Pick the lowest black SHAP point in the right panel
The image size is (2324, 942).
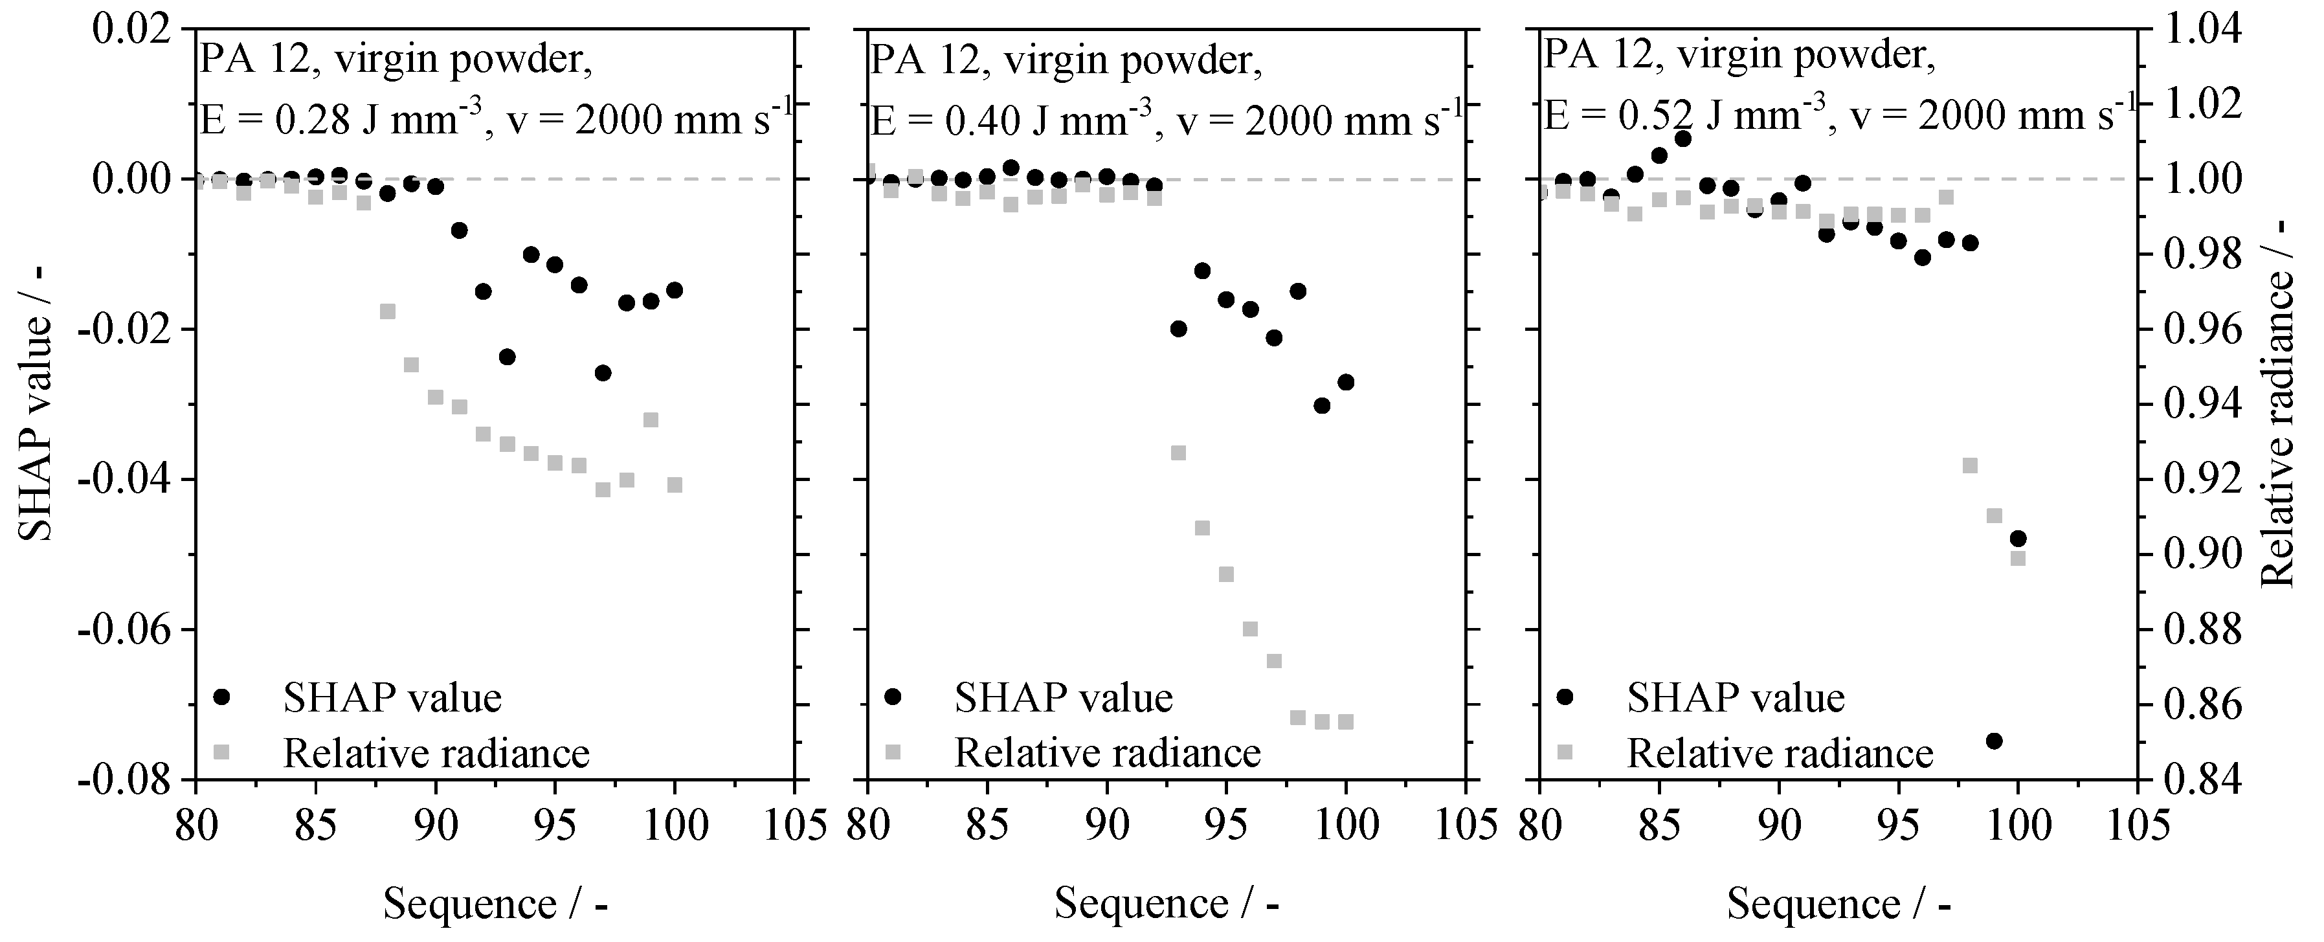click(1994, 741)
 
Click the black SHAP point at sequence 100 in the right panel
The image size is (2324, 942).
click(2018, 539)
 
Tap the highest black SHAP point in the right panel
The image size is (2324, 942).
click(1682, 138)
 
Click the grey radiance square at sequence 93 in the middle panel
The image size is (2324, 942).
click(1178, 453)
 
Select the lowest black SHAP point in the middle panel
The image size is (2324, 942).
click(1322, 406)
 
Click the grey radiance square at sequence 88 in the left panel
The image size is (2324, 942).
click(388, 311)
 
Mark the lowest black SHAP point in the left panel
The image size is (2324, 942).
click(603, 373)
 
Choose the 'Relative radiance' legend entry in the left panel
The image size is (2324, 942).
click(436, 752)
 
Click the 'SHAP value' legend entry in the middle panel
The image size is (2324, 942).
click(1064, 697)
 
